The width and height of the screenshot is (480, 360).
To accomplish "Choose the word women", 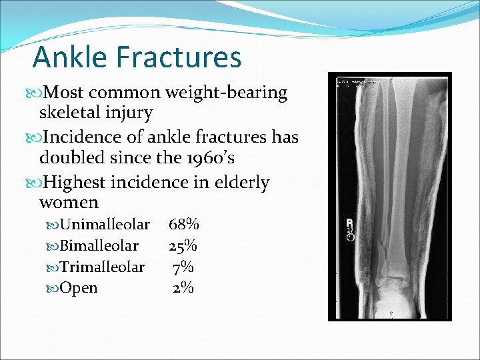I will point(69,202).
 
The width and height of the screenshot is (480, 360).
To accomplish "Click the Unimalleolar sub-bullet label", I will point(105,225).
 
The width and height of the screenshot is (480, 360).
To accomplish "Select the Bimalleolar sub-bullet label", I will point(99,246).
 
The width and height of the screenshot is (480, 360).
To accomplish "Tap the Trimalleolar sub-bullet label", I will point(102,267).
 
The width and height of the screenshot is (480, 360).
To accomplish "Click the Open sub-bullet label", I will point(79,288).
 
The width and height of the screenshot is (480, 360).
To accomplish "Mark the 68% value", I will point(183,225).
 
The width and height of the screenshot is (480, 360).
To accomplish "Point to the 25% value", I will point(183,246).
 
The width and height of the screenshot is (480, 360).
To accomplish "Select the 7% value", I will point(183,267).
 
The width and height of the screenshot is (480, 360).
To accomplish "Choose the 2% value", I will point(183,288).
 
